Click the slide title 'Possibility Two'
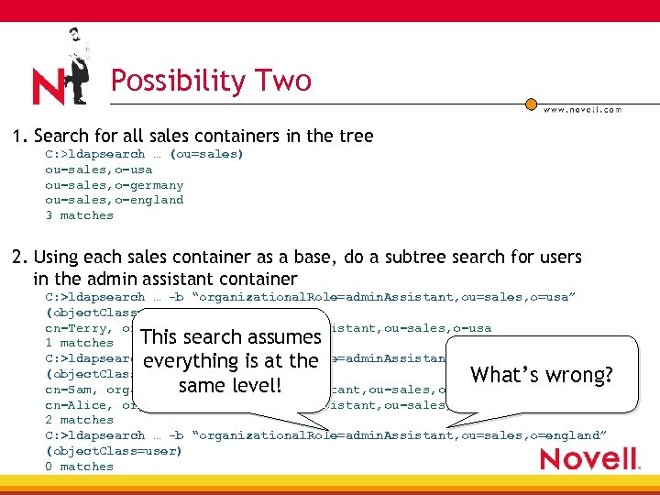[211, 81]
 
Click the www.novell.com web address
[582, 109]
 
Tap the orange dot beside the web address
[531, 104]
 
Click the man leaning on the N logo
[77, 64]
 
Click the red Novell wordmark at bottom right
[588, 457]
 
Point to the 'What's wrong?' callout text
[541, 374]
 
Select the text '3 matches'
[80, 215]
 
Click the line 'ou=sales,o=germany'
[115, 185]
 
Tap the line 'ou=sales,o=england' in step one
[115, 200]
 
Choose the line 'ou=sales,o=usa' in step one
[99, 170]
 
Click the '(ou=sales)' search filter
[207, 154]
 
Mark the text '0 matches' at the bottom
[80, 467]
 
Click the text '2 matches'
[80, 420]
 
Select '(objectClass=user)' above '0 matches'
[115, 451]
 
